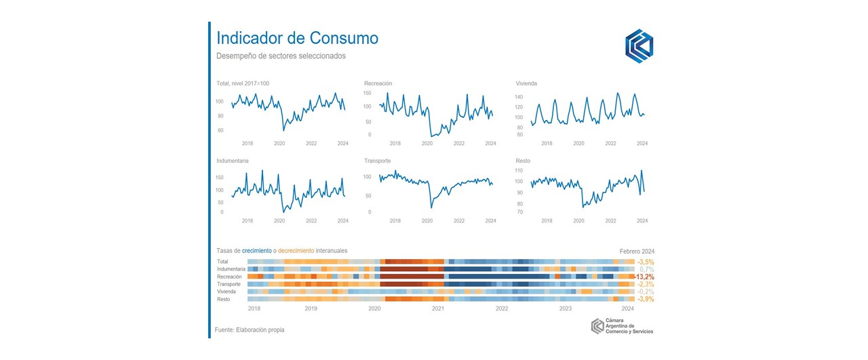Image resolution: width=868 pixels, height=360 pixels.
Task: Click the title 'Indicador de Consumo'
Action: click(x=297, y=38)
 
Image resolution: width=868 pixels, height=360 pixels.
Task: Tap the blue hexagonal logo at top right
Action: click(x=639, y=45)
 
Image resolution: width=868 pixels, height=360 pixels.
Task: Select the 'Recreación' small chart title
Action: click(x=378, y=83)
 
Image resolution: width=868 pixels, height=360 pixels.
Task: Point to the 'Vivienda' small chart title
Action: click(x=526, y=83)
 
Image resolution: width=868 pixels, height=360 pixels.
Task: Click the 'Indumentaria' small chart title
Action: click(x=232, y=161)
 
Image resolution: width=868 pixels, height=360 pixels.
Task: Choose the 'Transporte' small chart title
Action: click(x=377, y=161)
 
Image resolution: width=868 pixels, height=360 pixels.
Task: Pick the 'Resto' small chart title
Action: click(x=523, y=161)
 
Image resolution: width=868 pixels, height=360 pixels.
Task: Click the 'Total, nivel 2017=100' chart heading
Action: click(x=243, y=83)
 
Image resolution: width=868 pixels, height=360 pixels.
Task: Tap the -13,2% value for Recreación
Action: click(x=644, y=277)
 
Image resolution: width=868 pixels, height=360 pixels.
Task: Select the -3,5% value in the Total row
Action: click(x=646, y=262)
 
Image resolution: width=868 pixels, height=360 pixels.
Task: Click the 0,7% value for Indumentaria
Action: click(x=647, y=269)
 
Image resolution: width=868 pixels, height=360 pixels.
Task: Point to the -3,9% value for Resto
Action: click(x=646, y=299)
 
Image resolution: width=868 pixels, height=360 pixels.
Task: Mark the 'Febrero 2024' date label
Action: click(x=637, y=251)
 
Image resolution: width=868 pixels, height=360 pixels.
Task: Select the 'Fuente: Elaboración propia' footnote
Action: click(x=250, y=330)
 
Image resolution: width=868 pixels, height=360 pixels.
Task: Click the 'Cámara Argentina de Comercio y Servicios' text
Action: click(x=629, y=327)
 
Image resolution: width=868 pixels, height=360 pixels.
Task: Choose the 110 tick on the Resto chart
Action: click(x=519, y=170)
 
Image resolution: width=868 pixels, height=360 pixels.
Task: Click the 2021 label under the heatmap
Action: click(x=438, y=308)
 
